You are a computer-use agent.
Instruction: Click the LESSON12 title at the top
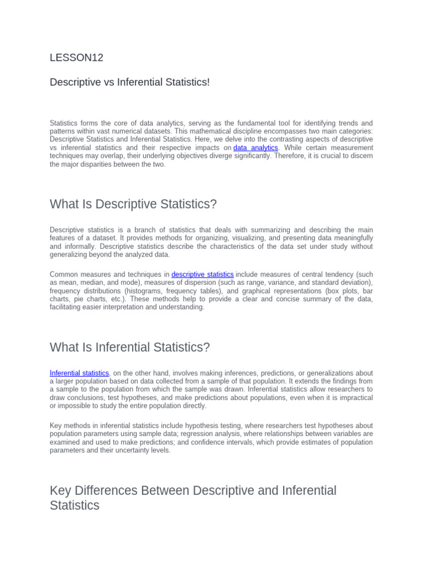point(77,57)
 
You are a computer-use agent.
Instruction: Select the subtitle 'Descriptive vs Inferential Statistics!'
point(130,82)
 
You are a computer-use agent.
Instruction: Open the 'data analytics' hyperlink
point(256,148)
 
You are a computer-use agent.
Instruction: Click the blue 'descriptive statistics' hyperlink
point(203,274)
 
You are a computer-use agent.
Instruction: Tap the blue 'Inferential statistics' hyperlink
point(79,373)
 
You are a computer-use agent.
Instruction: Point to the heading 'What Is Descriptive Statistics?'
point(133,204)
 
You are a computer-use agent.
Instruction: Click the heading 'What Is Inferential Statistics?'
point(130,347)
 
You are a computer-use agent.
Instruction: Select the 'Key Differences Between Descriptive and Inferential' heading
point(193,491)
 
